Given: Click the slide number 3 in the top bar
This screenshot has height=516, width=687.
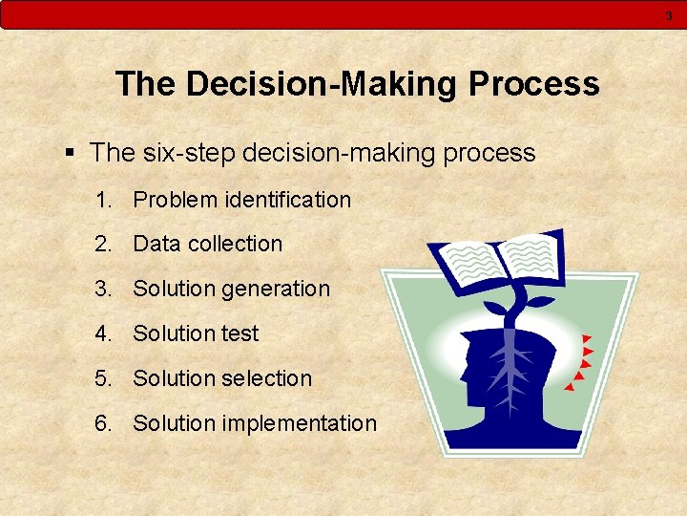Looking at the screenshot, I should click(x=669, y=15).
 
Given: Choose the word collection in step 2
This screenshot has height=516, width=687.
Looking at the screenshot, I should click(x=235, y=245).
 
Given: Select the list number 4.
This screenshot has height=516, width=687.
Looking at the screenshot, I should click(x=102, y=333).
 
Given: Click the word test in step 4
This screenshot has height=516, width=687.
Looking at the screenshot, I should click(x=239, y=333).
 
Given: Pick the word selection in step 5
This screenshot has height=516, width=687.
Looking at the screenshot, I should click(x=267, y=378).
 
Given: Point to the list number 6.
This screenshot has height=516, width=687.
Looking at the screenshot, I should click(x=102, y=423).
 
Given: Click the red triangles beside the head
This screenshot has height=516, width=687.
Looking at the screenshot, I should click(x=583, y=363).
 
